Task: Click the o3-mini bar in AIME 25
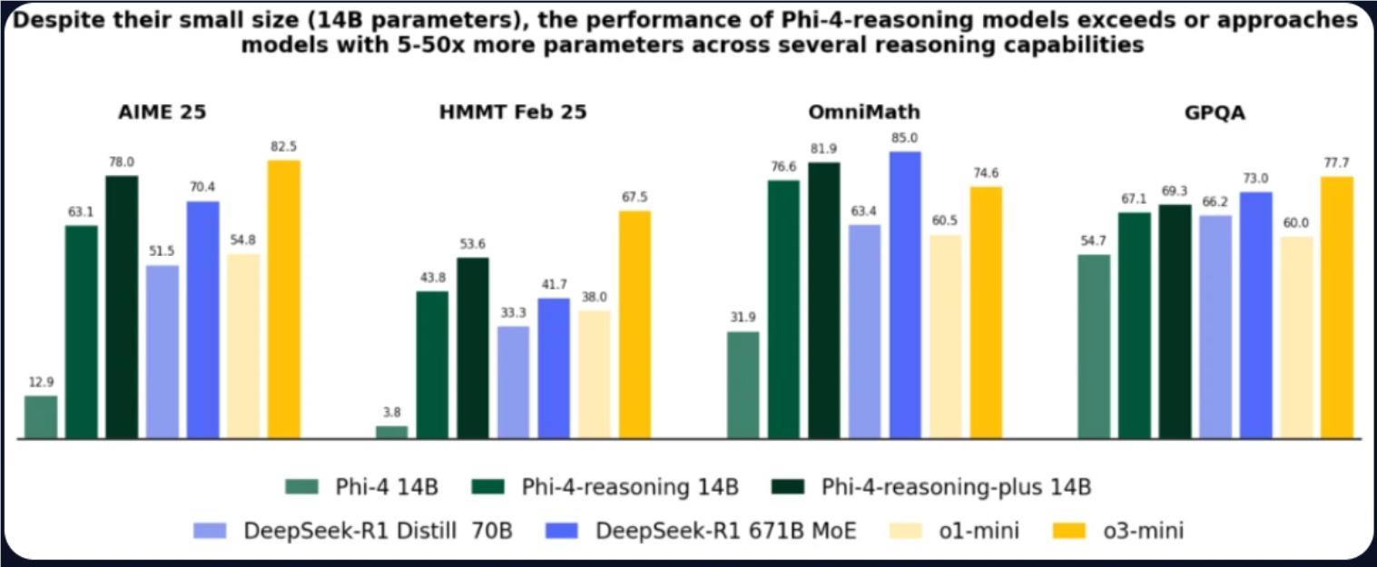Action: click(x=283, y=299)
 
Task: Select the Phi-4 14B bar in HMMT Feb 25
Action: click(x=392, y=432)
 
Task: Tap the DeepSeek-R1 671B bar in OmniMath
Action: click(x=905, y=295)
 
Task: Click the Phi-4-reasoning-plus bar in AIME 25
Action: click(x=122, y=307)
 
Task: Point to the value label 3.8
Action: click(x=392, y=412)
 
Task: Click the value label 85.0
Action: click(x=905, y=138)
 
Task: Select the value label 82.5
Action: click(x=283, y=146)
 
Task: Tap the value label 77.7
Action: click(x=1337, y=162)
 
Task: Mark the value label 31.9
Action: click(x=743, y=318)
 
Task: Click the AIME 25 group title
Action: click(x=162, y=112)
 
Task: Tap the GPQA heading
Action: click(x=1216, y=112)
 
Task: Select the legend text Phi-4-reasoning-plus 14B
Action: click(x=956, y=487)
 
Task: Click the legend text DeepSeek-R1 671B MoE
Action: click(x=725, y=531)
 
